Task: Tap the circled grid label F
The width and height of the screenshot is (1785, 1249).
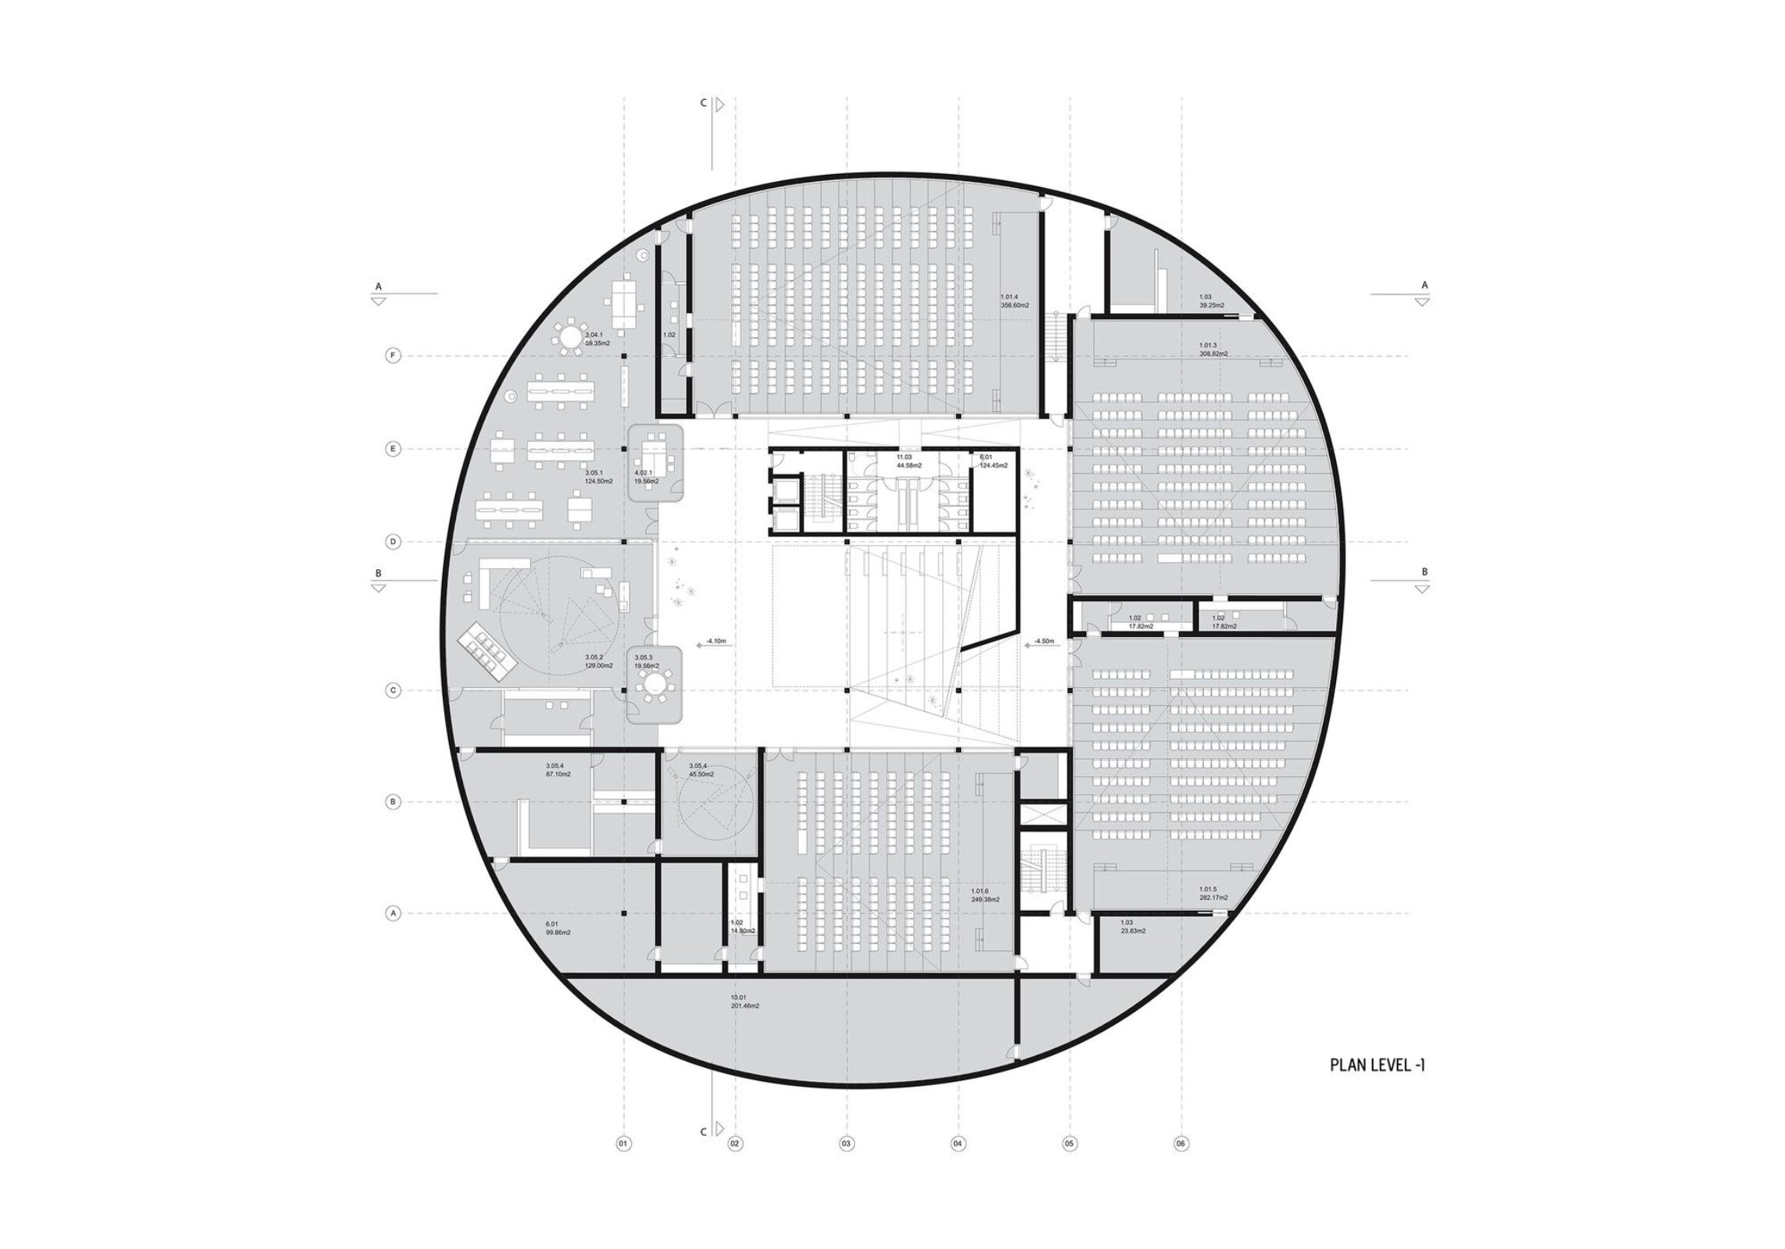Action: point(394,356)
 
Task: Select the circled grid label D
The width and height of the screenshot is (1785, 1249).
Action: point(394,542)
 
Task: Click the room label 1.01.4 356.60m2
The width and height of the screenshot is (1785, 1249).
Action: point(1014,301)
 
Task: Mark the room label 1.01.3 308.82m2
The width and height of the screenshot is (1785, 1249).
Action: point(1213,349)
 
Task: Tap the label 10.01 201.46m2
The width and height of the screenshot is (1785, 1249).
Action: point(745,1002)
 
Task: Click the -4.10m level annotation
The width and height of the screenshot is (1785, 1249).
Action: point(716,642)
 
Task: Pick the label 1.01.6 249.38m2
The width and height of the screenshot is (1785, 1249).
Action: point(985,895)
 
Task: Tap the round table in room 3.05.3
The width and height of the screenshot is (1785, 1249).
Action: point(654,686)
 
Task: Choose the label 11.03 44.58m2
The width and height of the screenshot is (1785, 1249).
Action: point(908,461)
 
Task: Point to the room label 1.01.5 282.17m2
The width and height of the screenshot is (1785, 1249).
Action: point(1213,894)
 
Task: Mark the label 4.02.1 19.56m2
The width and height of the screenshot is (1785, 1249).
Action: point(647,477)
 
